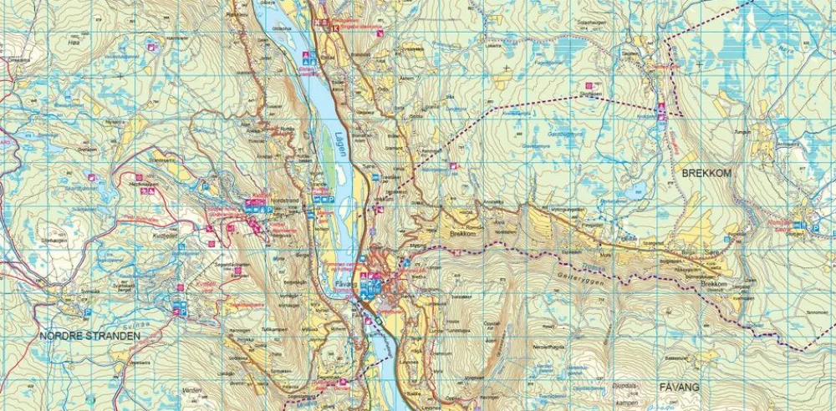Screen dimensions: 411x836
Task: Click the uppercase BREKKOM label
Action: [x=706, y=172]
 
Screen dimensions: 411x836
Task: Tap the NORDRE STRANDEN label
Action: [x=90, y=335]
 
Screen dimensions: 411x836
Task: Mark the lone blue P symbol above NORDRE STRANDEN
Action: [x=88, y=312]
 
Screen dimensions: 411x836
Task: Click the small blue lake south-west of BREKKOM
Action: [x=639, y=189]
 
